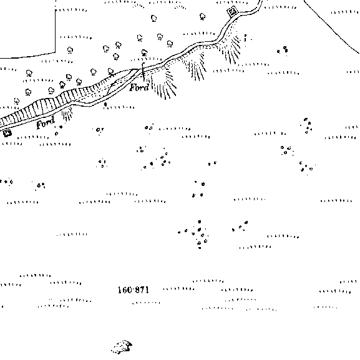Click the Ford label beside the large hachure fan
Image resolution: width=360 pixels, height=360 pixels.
click(139, 87)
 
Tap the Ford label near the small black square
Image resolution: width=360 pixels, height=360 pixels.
click(46, 123)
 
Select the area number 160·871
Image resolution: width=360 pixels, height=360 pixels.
click(133, 290)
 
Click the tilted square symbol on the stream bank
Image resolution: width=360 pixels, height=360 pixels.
click(232, 11)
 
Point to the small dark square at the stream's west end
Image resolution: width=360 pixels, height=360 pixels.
click(7, 133)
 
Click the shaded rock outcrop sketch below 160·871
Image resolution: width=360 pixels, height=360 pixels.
click(122, 347)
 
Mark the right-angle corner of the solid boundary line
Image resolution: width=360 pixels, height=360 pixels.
click(56, 52)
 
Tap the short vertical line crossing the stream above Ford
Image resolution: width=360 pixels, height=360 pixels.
click(144, 72)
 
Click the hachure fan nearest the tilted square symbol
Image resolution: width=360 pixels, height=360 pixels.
click(231, 49)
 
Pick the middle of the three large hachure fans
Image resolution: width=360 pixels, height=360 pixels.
click(195, 67)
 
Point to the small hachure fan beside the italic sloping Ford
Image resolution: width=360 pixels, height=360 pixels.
click(67, 114)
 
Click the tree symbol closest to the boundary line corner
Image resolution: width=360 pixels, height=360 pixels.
click(70, 50)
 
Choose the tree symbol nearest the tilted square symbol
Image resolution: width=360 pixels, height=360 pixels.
click(202, 17)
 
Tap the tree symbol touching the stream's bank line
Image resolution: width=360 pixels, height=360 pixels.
click(111, 72)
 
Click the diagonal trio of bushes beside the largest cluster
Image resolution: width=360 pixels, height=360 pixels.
click(240, 226)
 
